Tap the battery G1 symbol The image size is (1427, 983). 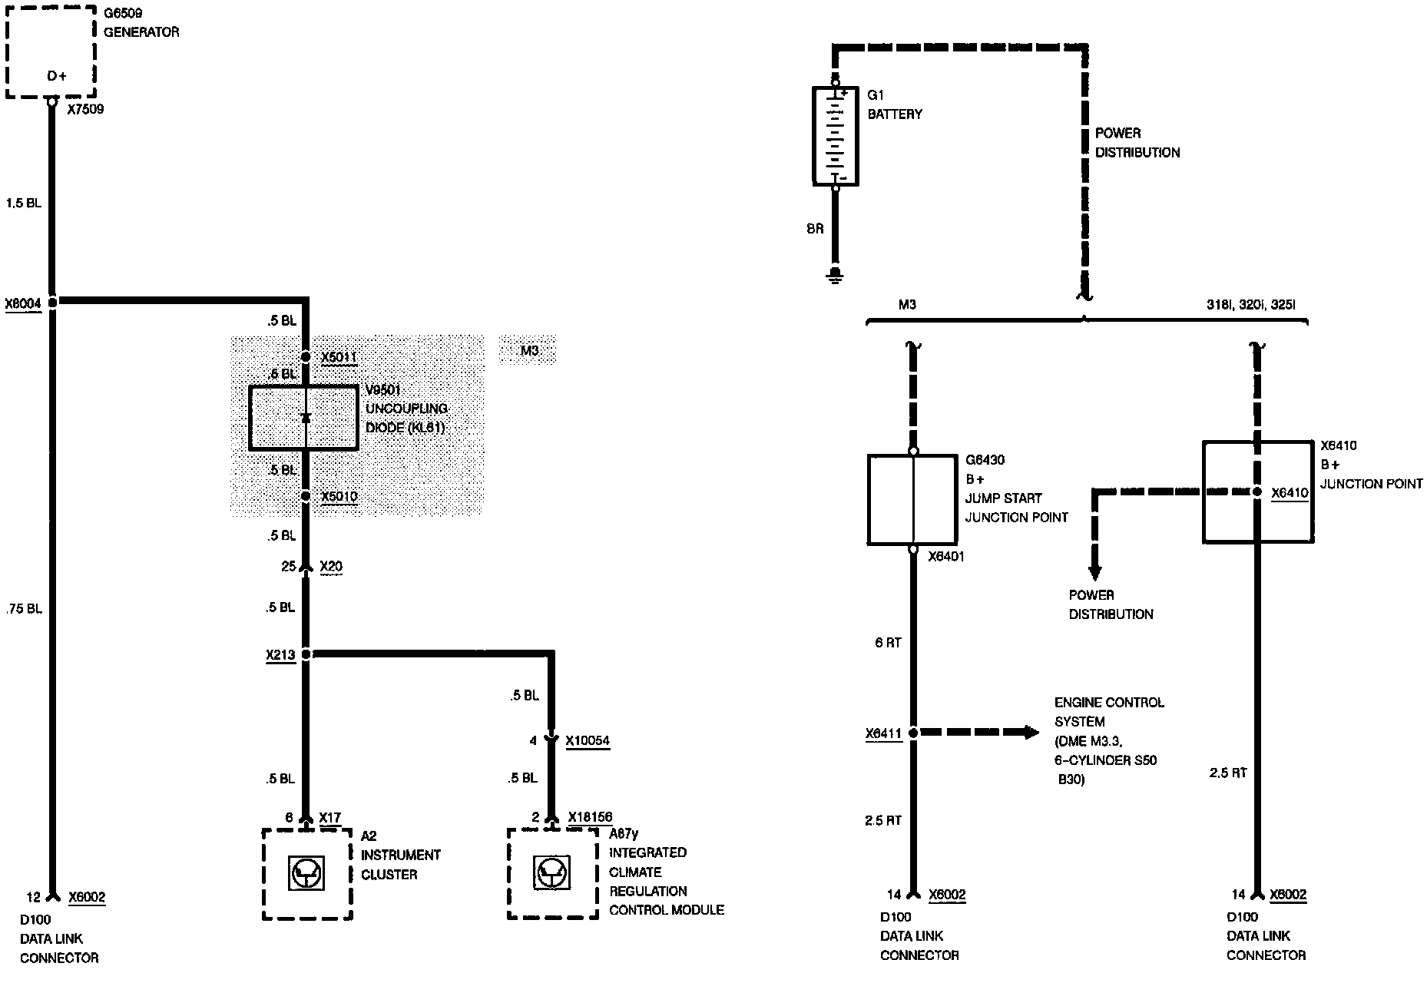(836, 136)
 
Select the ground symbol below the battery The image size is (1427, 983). (836, 276)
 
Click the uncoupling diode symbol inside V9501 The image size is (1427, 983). (306, 418)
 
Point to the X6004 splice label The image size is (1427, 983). (23, 303)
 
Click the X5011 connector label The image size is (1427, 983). (339, 358)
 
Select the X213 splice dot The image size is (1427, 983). (306, 654)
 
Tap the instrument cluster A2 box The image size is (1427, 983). (307, 874)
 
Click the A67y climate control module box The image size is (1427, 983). (553, 874)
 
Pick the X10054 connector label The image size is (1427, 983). (588, 741)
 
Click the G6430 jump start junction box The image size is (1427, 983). (912, 499)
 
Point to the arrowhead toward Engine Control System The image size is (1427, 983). (1031, 732)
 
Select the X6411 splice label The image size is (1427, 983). (883, 734)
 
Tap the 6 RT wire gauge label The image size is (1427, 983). (888, 643)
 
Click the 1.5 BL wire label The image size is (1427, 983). (23, 204)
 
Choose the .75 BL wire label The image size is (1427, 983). (23, 609)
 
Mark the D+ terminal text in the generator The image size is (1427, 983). (57, 76)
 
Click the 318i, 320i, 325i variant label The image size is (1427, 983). (1250, 305)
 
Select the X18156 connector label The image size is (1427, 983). (590, 817)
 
